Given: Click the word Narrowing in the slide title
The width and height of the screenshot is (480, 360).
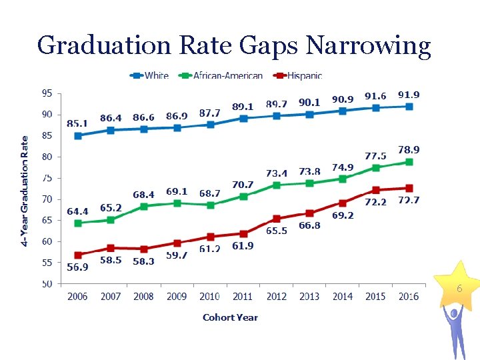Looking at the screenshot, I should [368, 45].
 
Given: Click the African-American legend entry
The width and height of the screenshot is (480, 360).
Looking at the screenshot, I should [223, 76].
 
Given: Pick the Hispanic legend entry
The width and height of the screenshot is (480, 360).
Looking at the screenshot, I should [300, 76].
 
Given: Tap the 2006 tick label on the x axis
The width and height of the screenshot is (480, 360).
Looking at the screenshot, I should [77, 297].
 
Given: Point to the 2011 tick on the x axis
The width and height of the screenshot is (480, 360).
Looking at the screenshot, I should [243, 297].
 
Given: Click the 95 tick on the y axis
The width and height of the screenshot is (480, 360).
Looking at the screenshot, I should [46, 93].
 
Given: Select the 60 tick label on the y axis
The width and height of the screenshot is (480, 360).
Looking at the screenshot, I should [46, 241].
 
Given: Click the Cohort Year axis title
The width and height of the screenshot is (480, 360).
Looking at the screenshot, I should [230, 317].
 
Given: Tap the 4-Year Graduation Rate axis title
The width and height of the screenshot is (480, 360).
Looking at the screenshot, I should [25, 191].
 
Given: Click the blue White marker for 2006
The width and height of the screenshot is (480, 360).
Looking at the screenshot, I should [78, 135].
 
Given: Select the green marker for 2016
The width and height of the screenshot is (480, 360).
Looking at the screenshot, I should [409, 162].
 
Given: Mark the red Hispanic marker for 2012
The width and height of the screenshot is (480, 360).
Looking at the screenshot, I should [277, 219].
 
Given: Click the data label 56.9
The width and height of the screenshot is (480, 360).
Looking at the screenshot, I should [77, 267].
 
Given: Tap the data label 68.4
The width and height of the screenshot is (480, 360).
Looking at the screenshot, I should [143, 195].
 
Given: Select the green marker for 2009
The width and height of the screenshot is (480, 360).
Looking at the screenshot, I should [177, 203].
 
